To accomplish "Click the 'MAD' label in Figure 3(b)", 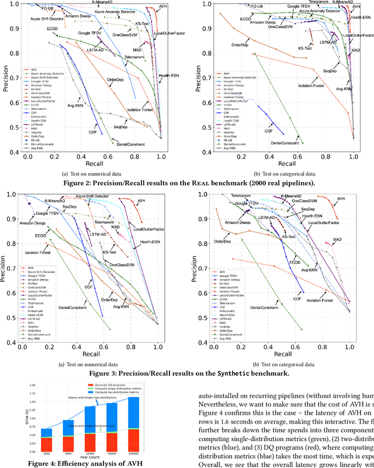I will [337, 240].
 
